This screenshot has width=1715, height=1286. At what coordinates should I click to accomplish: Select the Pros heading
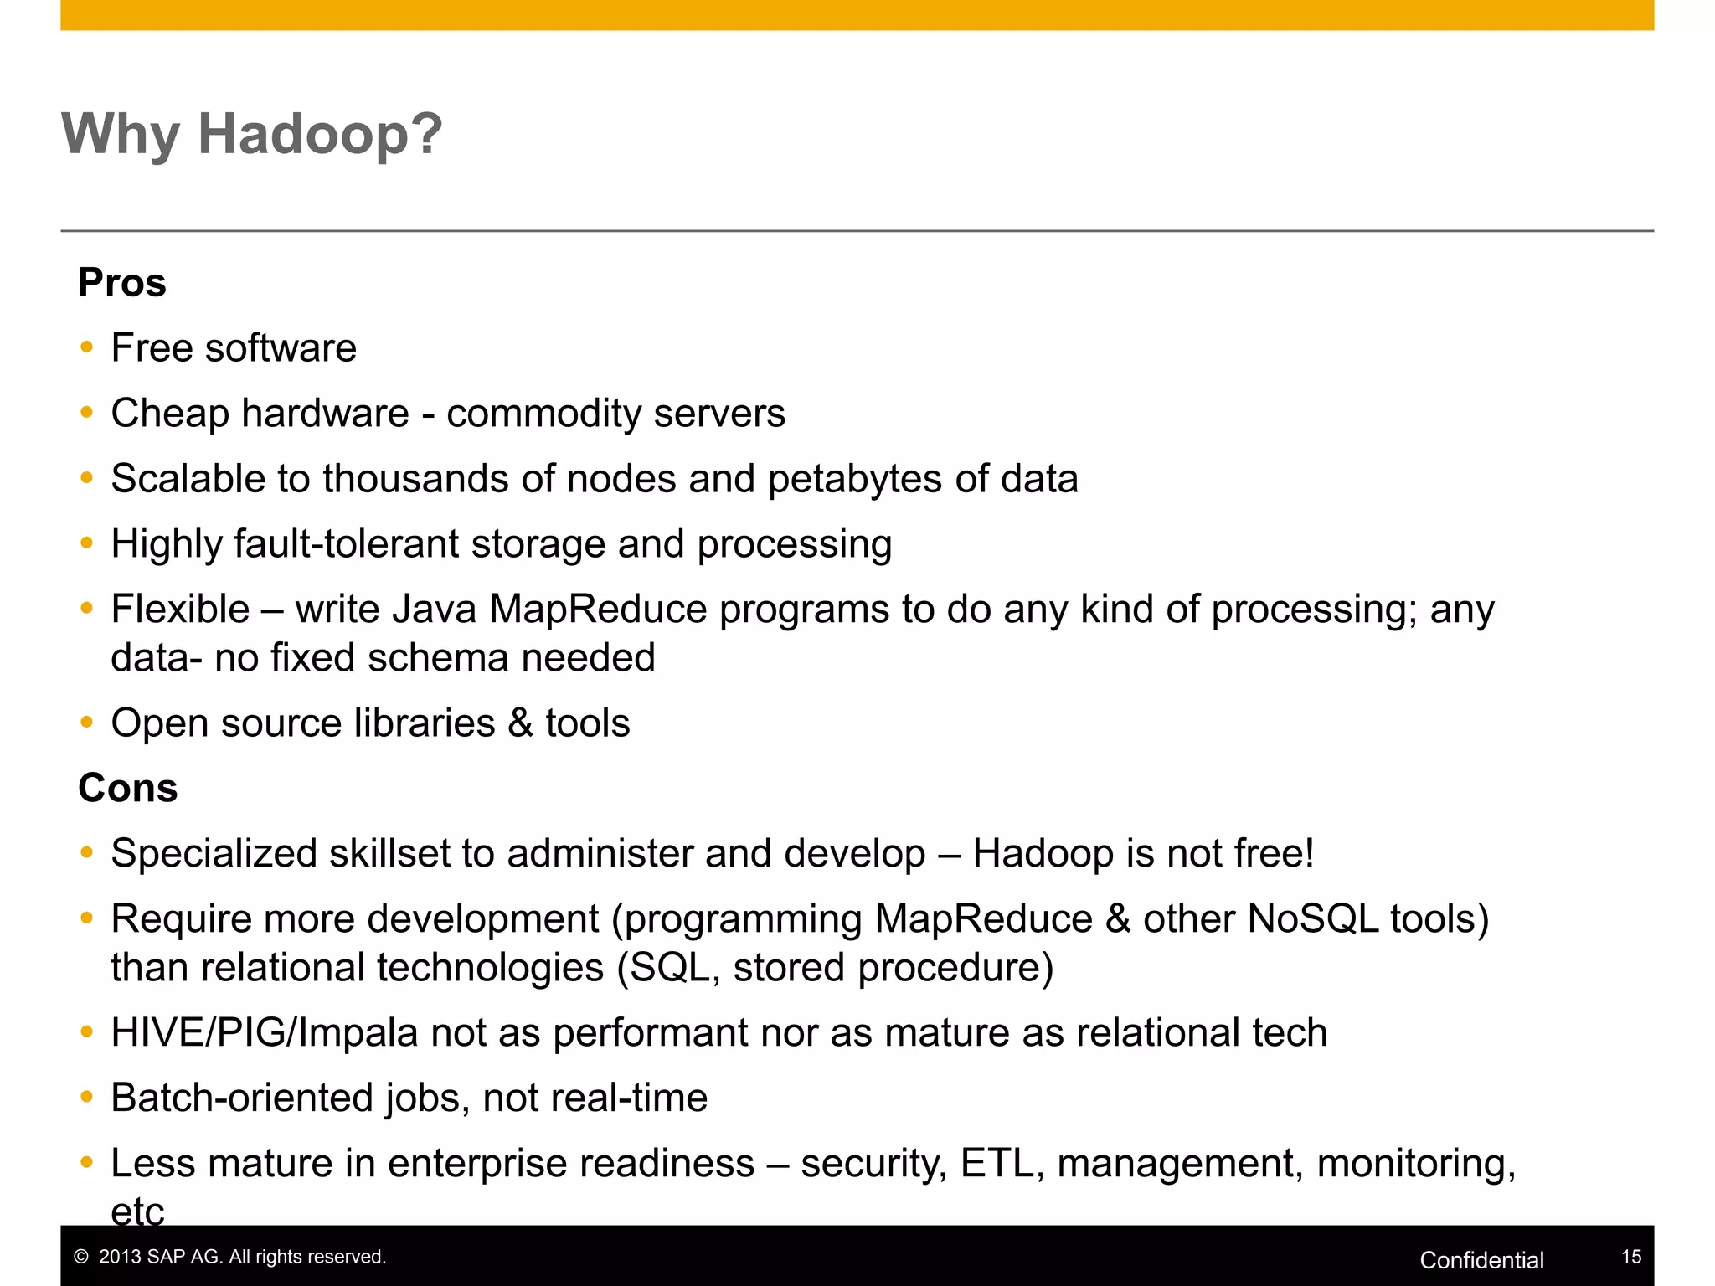pyautogui.click(x=122, y=283)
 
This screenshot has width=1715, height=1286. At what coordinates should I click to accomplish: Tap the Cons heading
pyautogui.click(x=128, y=789)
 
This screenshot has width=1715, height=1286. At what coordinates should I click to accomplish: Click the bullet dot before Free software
pyautogui.click(x=86, y=347)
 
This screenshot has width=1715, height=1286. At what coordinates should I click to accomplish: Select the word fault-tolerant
pyautogui.click(x=346, y=544)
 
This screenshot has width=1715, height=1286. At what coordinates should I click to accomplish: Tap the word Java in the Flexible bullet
pyautogui.click(x=435, y=610)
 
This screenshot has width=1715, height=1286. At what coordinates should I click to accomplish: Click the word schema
pyautogui.click(x=436, y=658)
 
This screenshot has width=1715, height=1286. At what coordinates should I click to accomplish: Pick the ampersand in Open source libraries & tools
pyautogui.click(x=520, y=723)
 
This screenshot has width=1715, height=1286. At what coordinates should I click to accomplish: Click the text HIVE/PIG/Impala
pyautogui.click(x=264, y=1033)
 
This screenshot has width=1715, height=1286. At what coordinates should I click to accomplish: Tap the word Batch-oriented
pyautogui.click(x=241, y=1098)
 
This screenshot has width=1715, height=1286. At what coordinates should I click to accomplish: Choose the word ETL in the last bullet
pyautogui.click(x=997, y=1164)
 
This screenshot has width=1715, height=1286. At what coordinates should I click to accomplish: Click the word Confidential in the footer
pyautogui.click(x=1481, y=1260)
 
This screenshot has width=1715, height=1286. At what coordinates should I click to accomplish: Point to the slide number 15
pyautogui.click(x=1631, y=1257)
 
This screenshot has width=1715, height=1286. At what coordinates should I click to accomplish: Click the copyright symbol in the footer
pyautogui.click(x=81, y=1257)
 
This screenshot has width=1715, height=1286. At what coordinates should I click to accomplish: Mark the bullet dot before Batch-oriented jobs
pyautogui.click(x=86, y=1097)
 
